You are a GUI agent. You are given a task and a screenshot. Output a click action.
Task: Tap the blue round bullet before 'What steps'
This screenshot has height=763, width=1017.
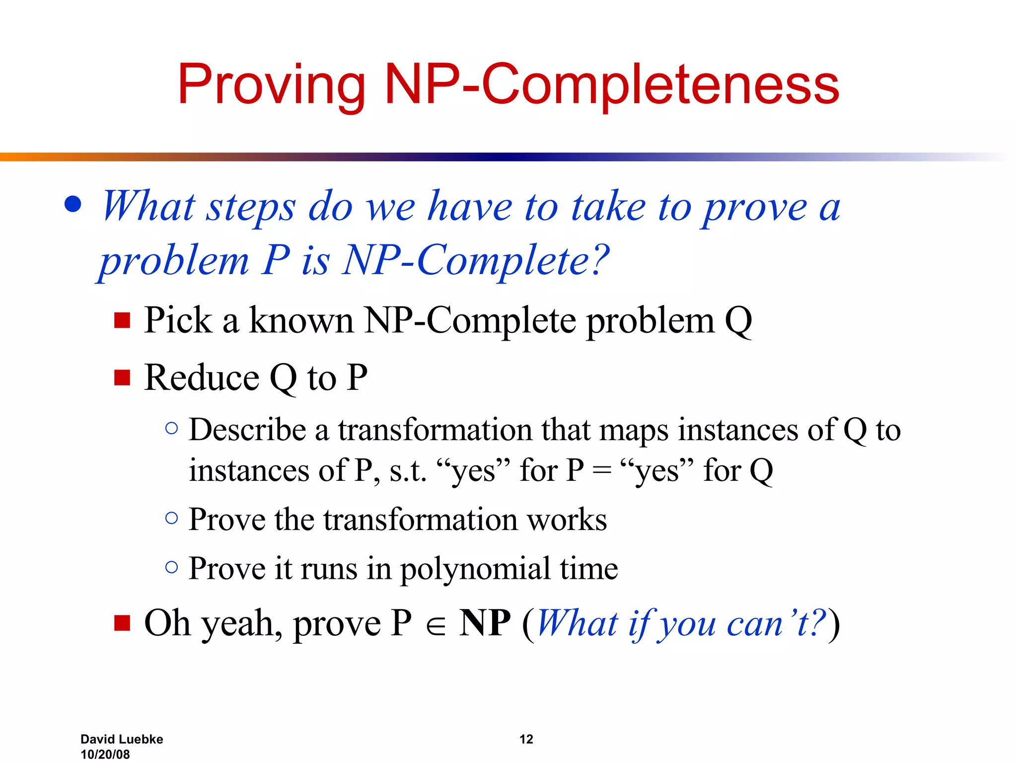73,204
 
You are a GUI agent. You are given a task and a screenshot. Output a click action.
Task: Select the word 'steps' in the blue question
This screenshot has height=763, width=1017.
251,207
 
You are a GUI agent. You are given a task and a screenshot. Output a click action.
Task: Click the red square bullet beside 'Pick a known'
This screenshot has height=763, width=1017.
122,320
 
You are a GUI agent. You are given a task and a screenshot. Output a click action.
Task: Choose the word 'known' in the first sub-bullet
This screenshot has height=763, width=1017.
301,320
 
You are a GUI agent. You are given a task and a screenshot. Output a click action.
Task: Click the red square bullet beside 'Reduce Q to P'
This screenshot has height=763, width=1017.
122,377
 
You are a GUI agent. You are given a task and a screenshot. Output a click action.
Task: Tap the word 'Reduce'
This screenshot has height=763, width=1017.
201,378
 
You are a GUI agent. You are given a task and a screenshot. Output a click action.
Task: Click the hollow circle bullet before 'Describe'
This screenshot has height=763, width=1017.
171,428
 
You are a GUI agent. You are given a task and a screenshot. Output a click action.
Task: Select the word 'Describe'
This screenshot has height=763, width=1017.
247,430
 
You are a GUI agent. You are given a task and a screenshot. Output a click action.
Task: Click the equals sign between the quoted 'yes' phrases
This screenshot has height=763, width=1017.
602,470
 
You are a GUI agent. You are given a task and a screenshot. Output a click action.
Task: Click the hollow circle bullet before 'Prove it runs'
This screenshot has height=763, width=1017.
171,567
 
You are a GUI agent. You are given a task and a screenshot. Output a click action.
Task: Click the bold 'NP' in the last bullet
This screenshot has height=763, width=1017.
485,623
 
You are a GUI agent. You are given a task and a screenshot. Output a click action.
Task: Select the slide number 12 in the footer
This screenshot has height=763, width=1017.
526,739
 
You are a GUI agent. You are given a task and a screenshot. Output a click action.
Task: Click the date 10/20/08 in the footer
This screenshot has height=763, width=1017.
105,754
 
